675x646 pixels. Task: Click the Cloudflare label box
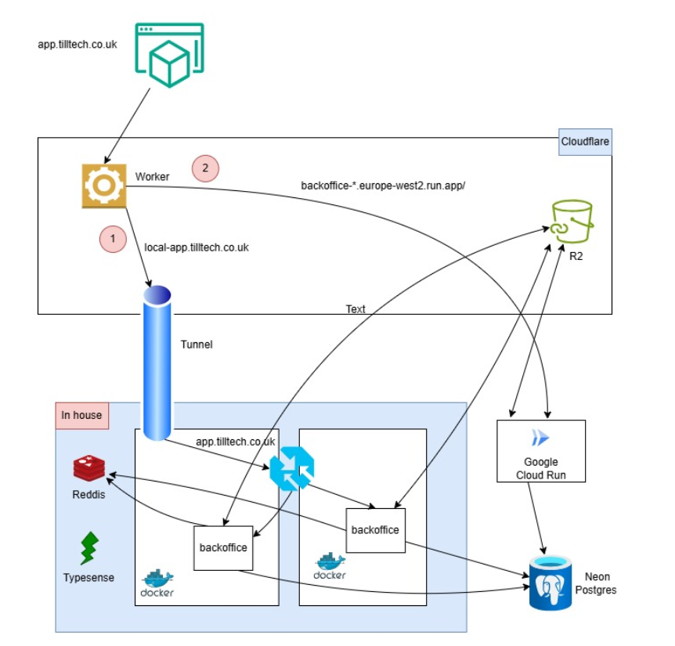pos(585,142)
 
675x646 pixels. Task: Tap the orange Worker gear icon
pos(104,186)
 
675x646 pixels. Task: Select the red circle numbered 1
pos(113,239)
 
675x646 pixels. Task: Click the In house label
pos(82,415)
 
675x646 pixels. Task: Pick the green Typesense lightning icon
pos(89,549)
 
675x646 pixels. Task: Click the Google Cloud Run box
pos(540,450)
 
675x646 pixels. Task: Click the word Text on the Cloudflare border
pos(356,309)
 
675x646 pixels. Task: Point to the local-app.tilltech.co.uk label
pos(197,247)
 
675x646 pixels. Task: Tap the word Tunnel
pos(197,345)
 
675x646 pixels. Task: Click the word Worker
pos(152,177)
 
